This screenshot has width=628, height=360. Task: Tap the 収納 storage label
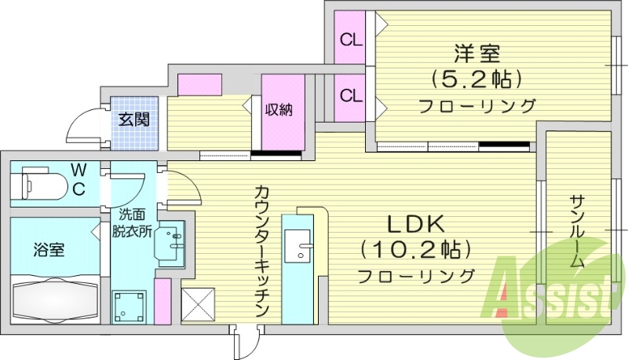point(278,111)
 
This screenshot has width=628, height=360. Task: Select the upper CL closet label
point(350,38)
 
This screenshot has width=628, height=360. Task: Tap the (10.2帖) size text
point(415,250)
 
